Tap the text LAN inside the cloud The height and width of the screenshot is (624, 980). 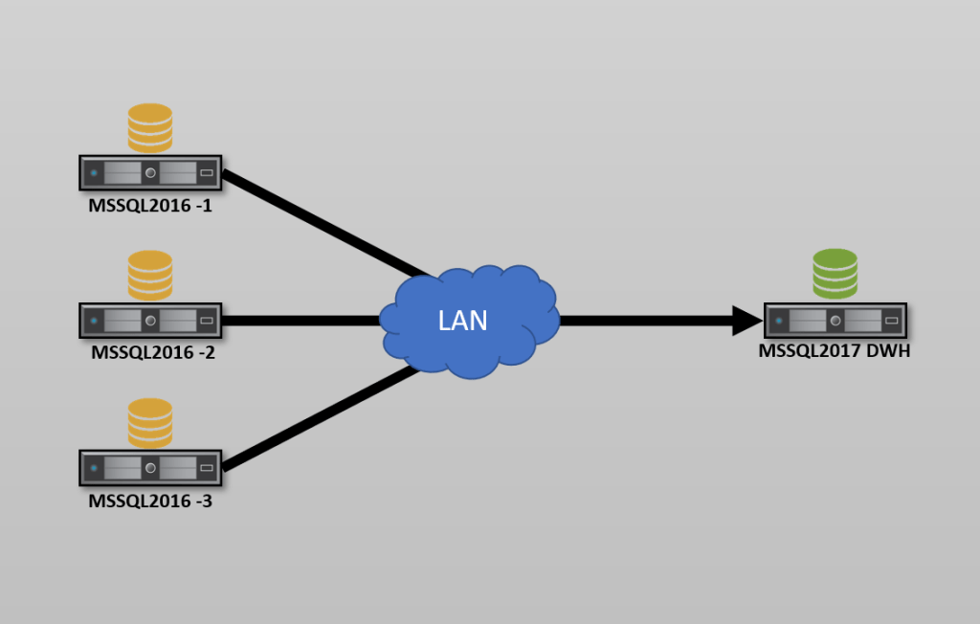462,321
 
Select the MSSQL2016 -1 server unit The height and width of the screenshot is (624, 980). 150,173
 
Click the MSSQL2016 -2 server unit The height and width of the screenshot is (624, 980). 150,321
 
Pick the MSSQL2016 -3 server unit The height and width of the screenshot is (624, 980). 150,468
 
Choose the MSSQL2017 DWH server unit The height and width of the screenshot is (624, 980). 835,320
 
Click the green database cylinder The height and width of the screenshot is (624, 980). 835,274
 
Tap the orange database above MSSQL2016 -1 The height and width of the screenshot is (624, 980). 150,127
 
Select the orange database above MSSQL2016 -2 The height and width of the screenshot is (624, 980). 150,275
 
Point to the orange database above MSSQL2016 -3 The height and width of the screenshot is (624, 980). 150,422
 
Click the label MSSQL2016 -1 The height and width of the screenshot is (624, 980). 150,205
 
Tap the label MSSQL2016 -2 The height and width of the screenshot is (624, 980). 150,352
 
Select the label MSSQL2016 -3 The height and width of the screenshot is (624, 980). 150,500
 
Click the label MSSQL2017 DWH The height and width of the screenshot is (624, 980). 834,351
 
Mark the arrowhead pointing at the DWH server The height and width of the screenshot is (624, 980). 746,321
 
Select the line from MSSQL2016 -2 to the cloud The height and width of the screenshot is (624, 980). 301,321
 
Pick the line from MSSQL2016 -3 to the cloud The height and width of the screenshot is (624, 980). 321,418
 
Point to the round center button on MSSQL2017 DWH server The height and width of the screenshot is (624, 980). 835,320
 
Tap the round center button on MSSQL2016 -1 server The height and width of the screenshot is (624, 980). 150,173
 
